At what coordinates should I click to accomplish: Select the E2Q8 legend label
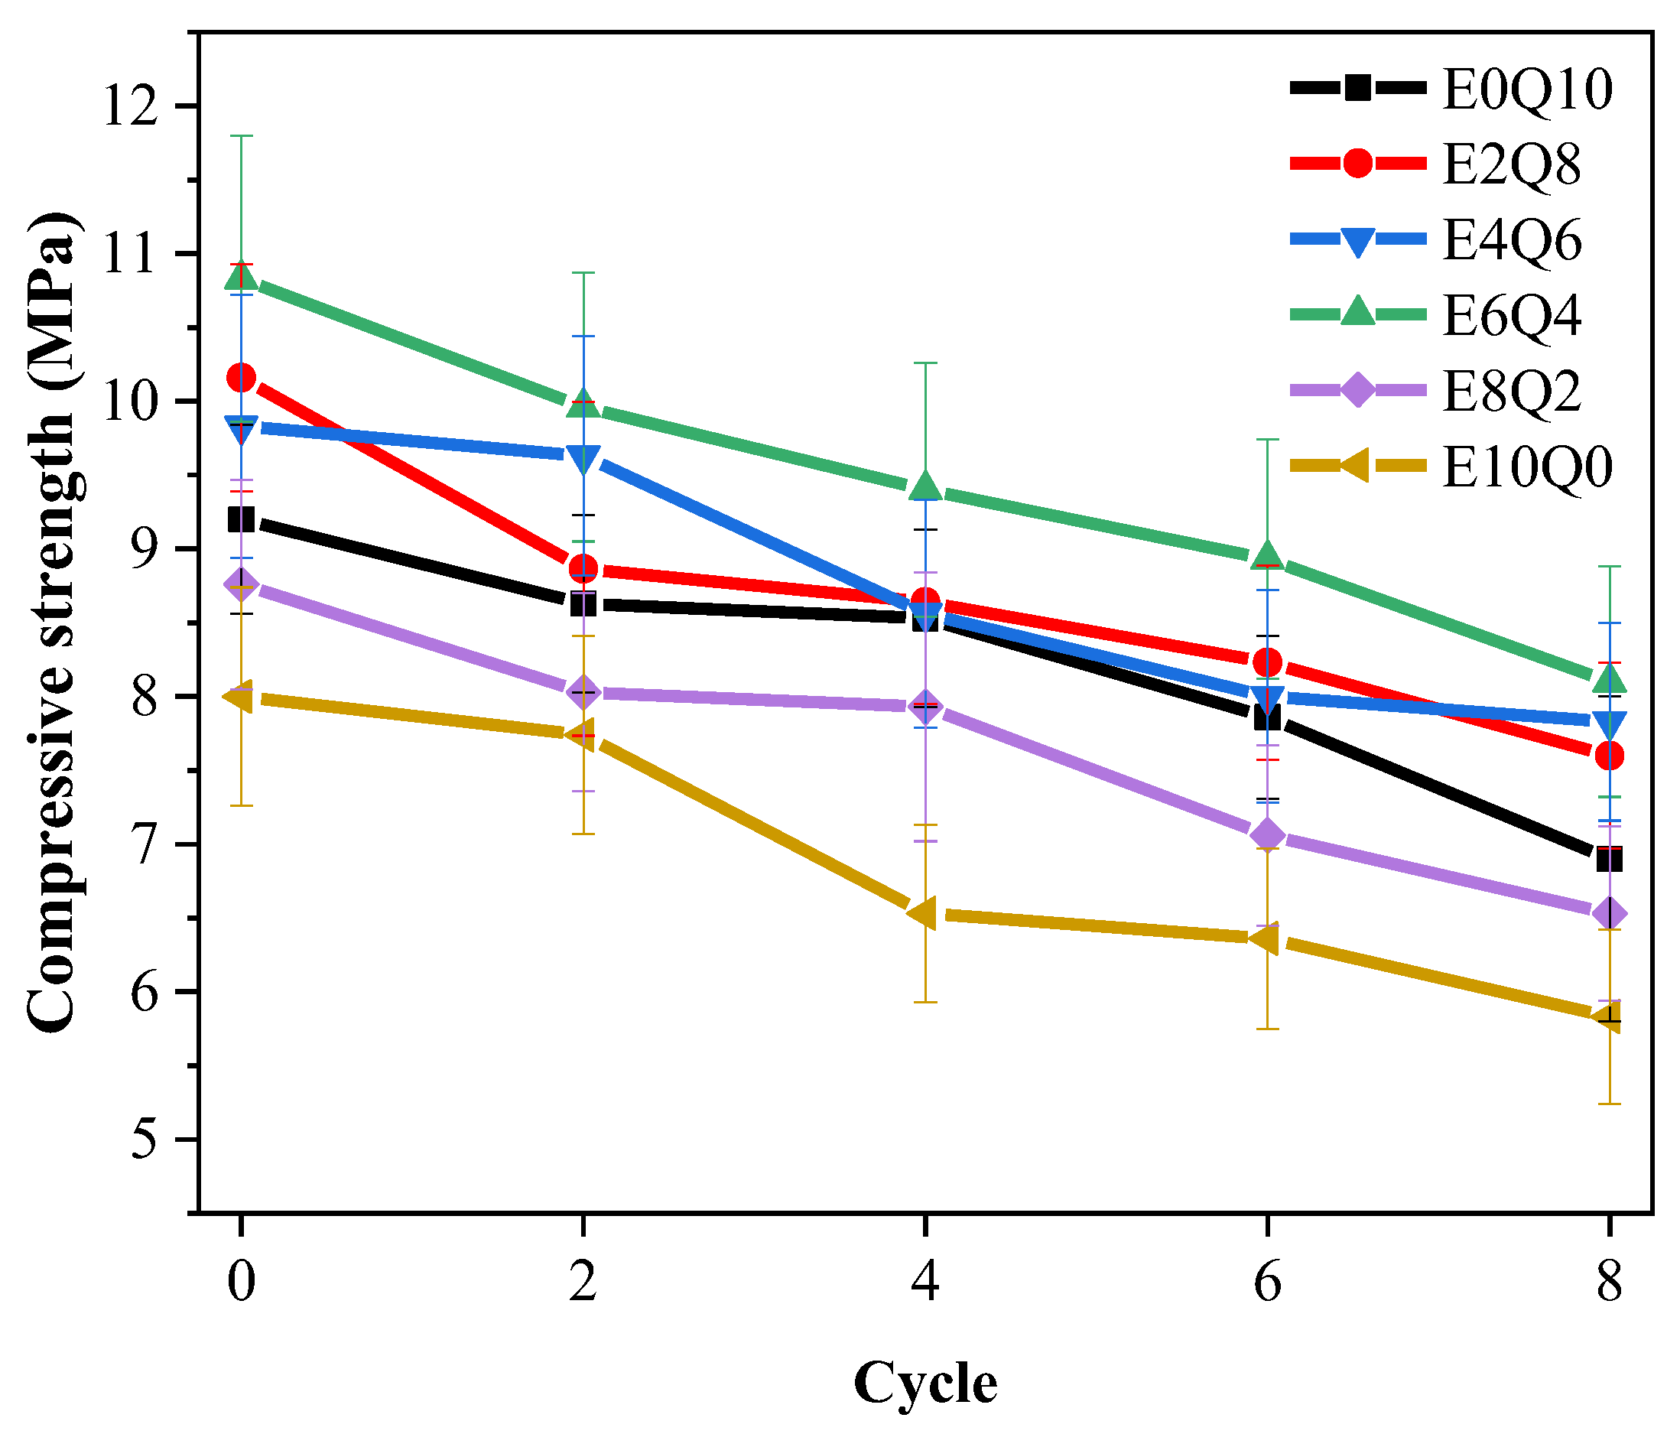coord(1510,164)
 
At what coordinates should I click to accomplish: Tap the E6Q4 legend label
coord(1510,316)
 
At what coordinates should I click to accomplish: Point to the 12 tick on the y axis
coord(130,106)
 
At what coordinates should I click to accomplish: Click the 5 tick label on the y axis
coord(145,1140)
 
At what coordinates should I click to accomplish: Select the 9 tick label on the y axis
coord(145,549)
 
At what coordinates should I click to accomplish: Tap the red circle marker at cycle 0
coord(242,377)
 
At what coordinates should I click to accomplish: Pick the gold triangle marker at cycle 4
coord(923,912)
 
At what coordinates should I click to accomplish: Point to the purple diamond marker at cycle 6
coord(1267,834)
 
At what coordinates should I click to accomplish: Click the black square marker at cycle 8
coord(1609,859)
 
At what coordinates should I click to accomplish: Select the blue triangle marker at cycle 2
coord(583,458)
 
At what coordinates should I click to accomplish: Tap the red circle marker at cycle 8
coord(1609,756)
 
